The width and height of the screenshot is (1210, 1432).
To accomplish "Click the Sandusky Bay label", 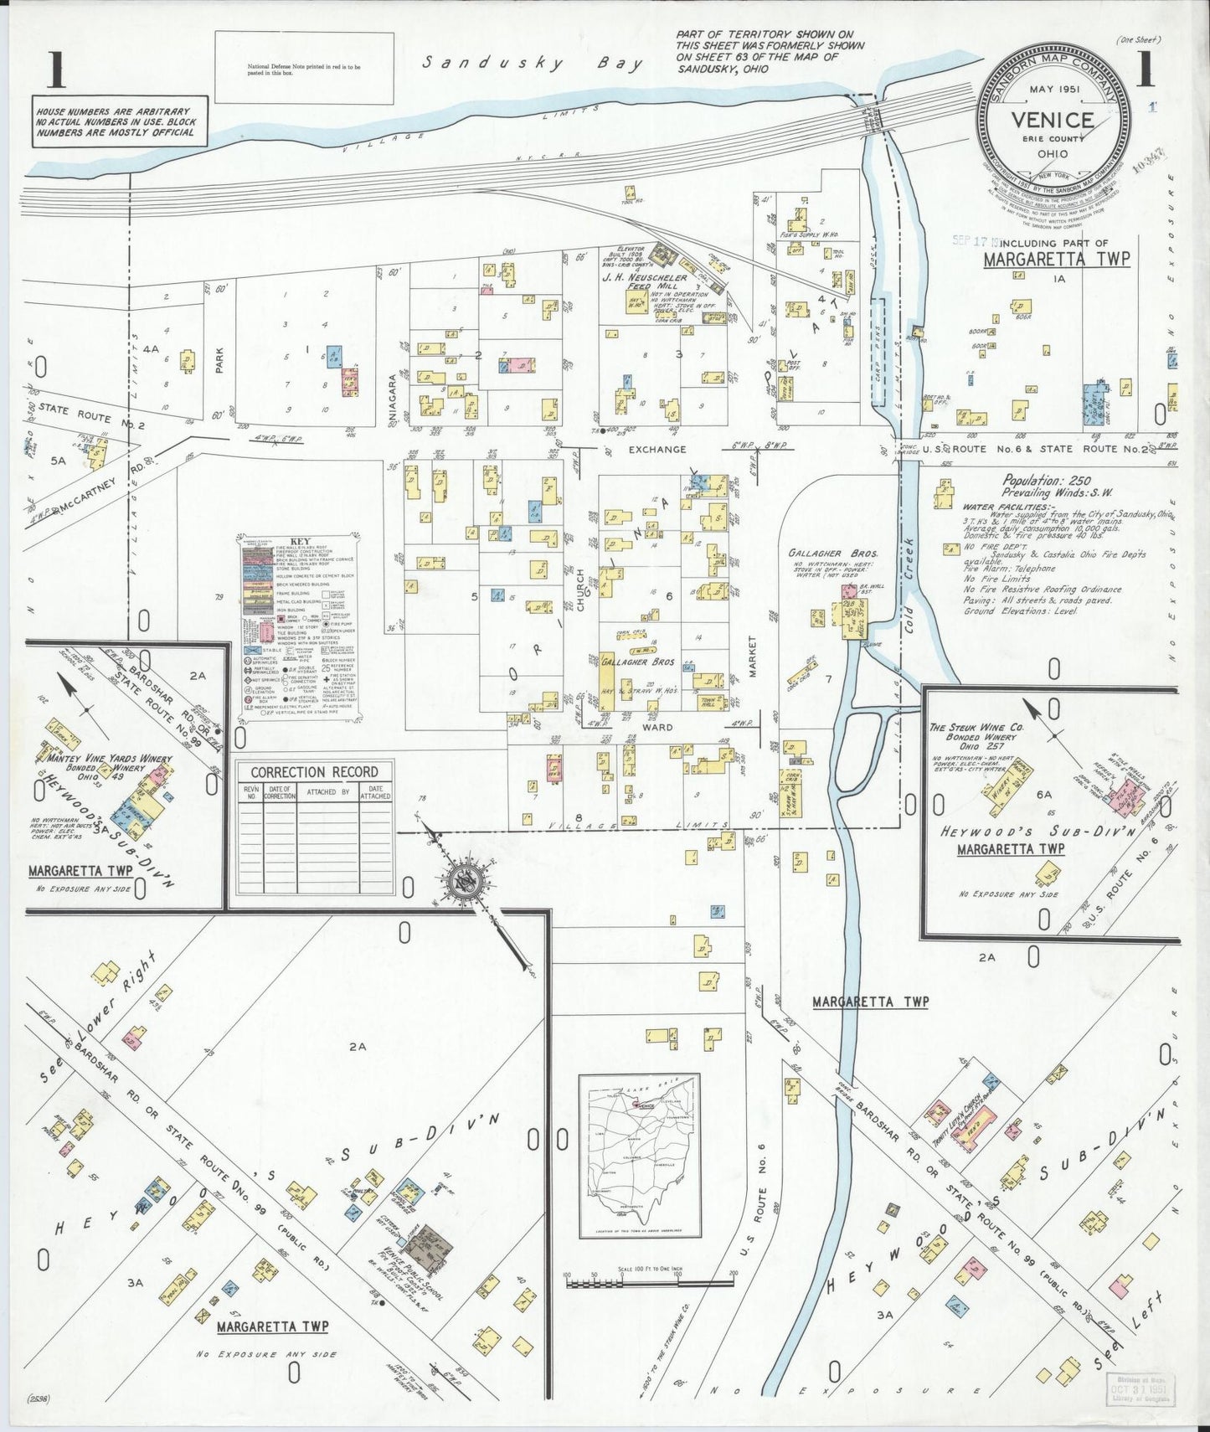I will tap(533, 64).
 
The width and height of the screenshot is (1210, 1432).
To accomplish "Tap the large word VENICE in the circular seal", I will tap(1053, 120).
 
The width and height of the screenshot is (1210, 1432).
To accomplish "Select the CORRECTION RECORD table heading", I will tap(315, 772).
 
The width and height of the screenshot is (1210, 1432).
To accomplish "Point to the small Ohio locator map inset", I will tap(639, 1156).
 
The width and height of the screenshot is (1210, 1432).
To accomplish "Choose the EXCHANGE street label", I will tap(657, 450).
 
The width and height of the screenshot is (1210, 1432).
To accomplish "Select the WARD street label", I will tap(657, 728).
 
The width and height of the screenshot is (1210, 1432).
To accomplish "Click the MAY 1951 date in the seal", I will tap(1053, 90).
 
